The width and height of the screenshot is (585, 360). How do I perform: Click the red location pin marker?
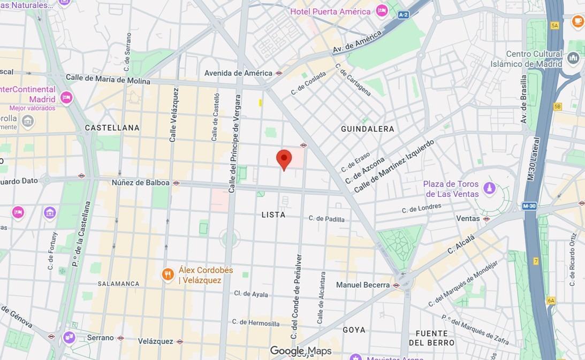pyautogui.click(x=284, y=159)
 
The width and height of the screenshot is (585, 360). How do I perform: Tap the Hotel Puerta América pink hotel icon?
pyautogui.click(x=382, y=11)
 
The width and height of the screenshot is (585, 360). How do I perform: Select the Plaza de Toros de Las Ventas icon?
pyautogui.click(x=489, y=188)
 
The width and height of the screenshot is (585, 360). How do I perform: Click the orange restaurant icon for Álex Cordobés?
pyautogui.click(x=168, y=275)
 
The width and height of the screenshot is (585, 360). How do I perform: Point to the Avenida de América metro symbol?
pyautogui.click(x=279, y=73)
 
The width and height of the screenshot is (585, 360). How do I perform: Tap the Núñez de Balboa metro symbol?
pyautogui.click(x=176, y=183)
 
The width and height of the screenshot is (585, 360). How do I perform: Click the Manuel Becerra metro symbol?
pyautogui.click(x=396, y=285)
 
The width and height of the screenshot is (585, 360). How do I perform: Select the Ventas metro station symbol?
pyautogui.click(x=486, y=219)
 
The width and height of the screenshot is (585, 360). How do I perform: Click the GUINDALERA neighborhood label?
pyautogui.click(x=367, y=129)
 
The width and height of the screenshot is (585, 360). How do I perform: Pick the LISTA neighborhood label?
pyautogui.click(x=273, y=215)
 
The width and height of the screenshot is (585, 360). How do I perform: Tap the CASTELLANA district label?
pyautogui.click(x=112, y=128)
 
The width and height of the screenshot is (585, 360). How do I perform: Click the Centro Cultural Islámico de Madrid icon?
pyautogui.click(x=573, y=58)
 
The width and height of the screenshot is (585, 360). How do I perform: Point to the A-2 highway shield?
pyautogui.click(x=403, y=15)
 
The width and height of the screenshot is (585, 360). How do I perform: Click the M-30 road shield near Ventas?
pyautogui.click(x=529, y=206)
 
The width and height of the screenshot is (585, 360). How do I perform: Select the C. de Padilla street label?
pyautogui.click(x=326, y=218)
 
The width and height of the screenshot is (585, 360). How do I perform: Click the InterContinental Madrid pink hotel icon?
pyautogui.click(x=66, y=97)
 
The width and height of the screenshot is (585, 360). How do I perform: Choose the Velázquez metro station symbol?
pyautogui.click(x=180, y=341)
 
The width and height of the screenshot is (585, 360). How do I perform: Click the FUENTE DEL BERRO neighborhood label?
pyautogui.click(x=431, y=338)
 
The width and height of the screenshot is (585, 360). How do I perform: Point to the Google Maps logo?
pyautogui.click(x=300, y=351)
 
